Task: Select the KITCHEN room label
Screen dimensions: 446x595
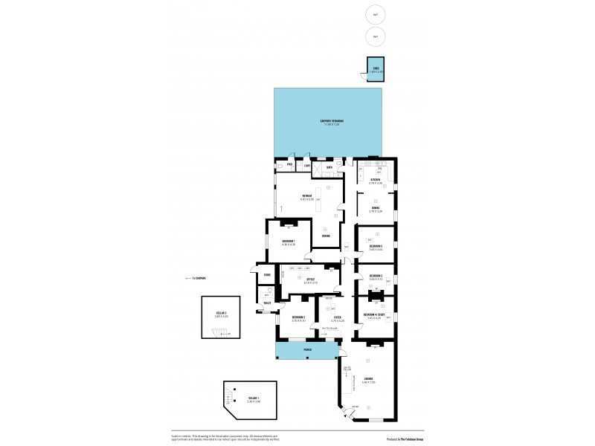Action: (376, 180)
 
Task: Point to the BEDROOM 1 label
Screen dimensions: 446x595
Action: (289, 242)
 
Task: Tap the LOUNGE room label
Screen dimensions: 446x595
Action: (368, 378)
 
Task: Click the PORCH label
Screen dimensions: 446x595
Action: (307, 349)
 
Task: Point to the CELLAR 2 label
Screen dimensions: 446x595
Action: (221, 314)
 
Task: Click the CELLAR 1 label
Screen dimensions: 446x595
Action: (253, 398)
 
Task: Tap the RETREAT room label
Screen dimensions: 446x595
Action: (306, 196)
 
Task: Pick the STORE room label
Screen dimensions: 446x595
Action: (266, 275)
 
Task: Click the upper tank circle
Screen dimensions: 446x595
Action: (375, 14)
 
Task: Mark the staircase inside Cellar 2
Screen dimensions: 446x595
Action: (215, 334)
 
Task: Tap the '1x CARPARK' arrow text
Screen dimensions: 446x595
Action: (195, 279)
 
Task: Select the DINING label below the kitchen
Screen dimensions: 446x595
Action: (376, 208)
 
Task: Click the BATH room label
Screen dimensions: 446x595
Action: (329, 167)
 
